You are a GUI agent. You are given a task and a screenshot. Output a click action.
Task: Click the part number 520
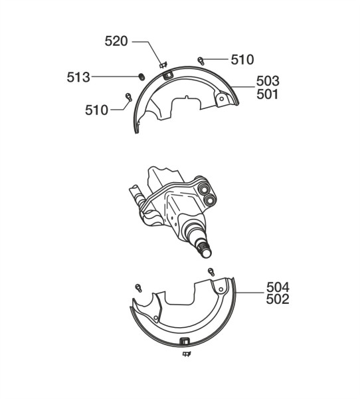[116, 41]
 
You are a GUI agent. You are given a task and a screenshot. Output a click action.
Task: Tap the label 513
[78, 77]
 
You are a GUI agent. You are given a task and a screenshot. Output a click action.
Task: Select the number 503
[268, 81]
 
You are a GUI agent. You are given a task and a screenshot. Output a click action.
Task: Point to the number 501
[268, 94]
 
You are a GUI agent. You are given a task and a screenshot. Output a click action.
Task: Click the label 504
[278, 287]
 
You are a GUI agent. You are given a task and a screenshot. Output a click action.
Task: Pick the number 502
[278, 299]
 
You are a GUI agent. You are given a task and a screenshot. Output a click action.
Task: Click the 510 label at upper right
[242, 60]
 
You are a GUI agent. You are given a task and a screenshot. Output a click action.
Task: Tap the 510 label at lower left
[96, 110]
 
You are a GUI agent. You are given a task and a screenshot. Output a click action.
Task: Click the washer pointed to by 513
[141, 76]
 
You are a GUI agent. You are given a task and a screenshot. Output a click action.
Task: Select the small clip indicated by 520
[163, 65]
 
